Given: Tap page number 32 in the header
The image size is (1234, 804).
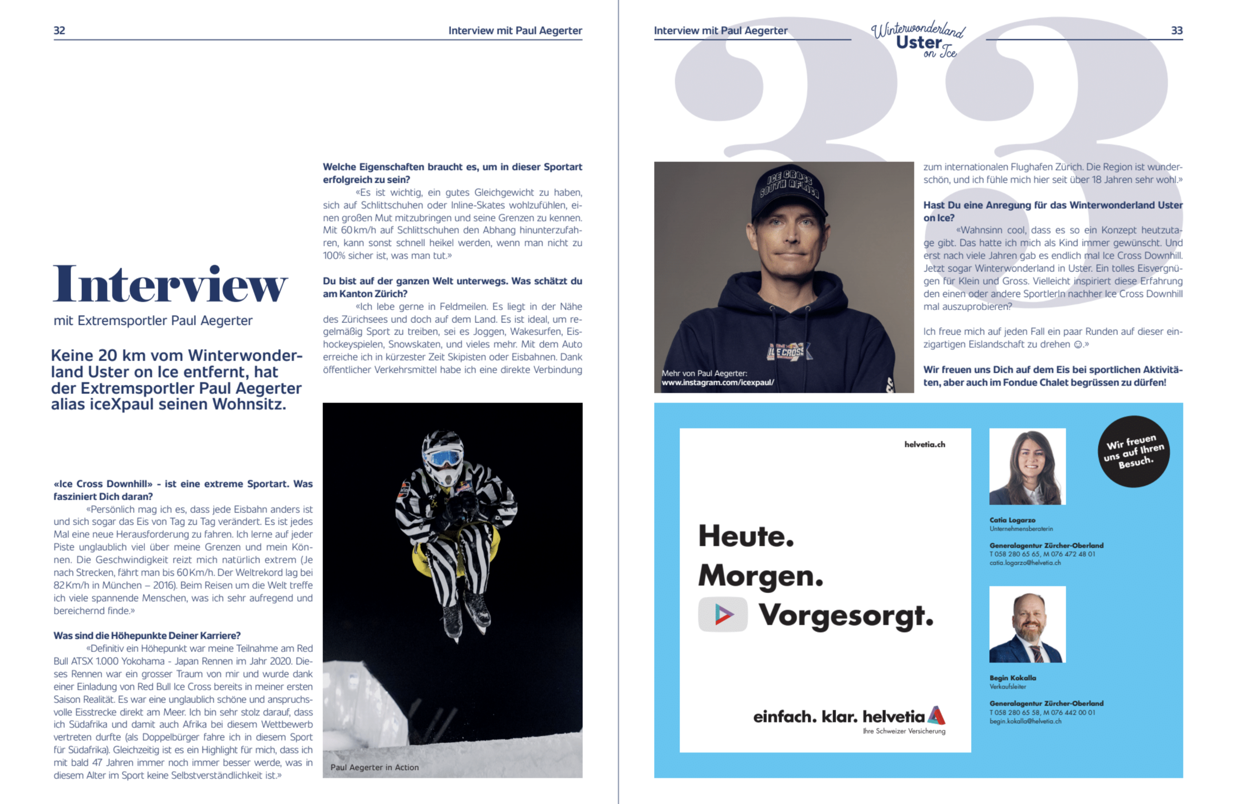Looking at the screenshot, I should (60, 31).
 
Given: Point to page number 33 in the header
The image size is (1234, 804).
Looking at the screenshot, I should (1176, 31).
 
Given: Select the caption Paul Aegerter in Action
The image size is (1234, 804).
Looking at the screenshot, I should (374, 767).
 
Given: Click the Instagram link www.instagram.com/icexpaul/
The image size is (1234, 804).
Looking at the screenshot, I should (717, 383).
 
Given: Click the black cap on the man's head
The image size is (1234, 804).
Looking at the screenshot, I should (789, 196).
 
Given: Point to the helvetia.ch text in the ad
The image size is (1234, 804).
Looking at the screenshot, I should (924, 444).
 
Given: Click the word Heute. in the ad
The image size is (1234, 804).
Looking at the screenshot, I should (746, 536).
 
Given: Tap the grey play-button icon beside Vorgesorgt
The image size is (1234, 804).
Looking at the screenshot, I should (723, 615).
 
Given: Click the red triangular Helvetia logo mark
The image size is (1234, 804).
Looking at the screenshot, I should (936, 715).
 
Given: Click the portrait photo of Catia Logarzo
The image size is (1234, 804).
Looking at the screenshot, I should (1027, 466).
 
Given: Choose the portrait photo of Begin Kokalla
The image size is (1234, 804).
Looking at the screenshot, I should (1027, 624).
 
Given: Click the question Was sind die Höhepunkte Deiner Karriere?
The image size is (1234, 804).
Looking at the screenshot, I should (147, 636).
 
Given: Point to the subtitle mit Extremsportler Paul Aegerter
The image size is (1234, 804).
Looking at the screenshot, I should (153, 321).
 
